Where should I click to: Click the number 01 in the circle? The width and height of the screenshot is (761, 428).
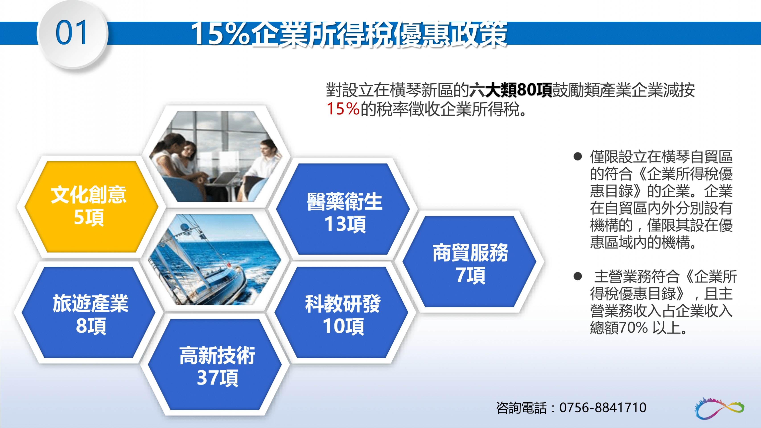(x=72, y=33)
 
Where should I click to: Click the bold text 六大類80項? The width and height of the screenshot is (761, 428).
(x=510, y=90)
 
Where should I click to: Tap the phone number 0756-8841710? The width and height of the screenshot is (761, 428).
(x=603, y=408)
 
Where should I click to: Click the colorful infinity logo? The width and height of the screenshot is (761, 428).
(x=720, y=408)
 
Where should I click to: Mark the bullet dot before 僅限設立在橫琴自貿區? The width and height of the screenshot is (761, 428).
(x=578, y=156)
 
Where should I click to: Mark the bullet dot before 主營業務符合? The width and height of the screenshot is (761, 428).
(x=578, y=276)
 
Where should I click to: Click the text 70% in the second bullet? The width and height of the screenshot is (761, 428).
(x=633, y=327)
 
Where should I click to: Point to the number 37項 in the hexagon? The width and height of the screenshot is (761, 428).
(x=217, y=378)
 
